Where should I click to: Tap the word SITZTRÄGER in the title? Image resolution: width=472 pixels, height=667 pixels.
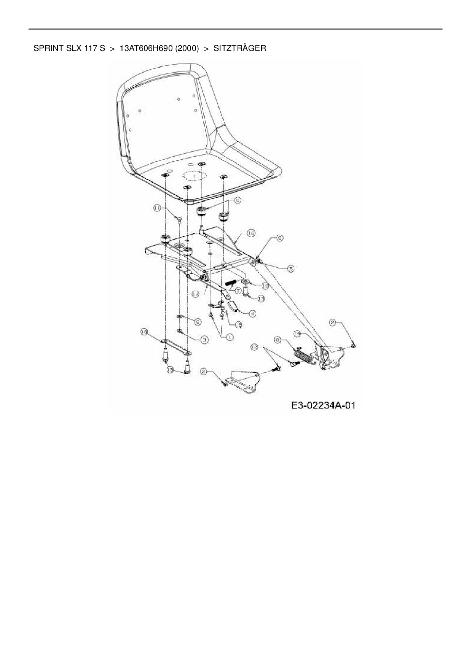point(239,49)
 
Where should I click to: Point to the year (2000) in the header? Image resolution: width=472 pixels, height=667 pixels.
point(187,49)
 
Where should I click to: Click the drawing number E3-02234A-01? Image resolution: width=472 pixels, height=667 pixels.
point(323,406)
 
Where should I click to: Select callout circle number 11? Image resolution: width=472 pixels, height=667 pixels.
point(158,208)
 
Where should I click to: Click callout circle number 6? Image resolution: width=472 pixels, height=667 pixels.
point(238,200)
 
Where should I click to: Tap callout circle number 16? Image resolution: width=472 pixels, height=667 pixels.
point(250,233)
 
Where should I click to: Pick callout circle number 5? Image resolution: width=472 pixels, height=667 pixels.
point(290,268)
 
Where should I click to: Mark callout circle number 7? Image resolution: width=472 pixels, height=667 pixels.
point(239,291)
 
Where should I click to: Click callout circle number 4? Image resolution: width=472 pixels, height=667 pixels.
point(252,314)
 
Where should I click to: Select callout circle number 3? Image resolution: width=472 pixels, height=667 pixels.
point(204,340)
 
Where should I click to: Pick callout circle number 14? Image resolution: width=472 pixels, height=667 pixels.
point(298,333)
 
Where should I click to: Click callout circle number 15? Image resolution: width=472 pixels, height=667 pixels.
point(239,324)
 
